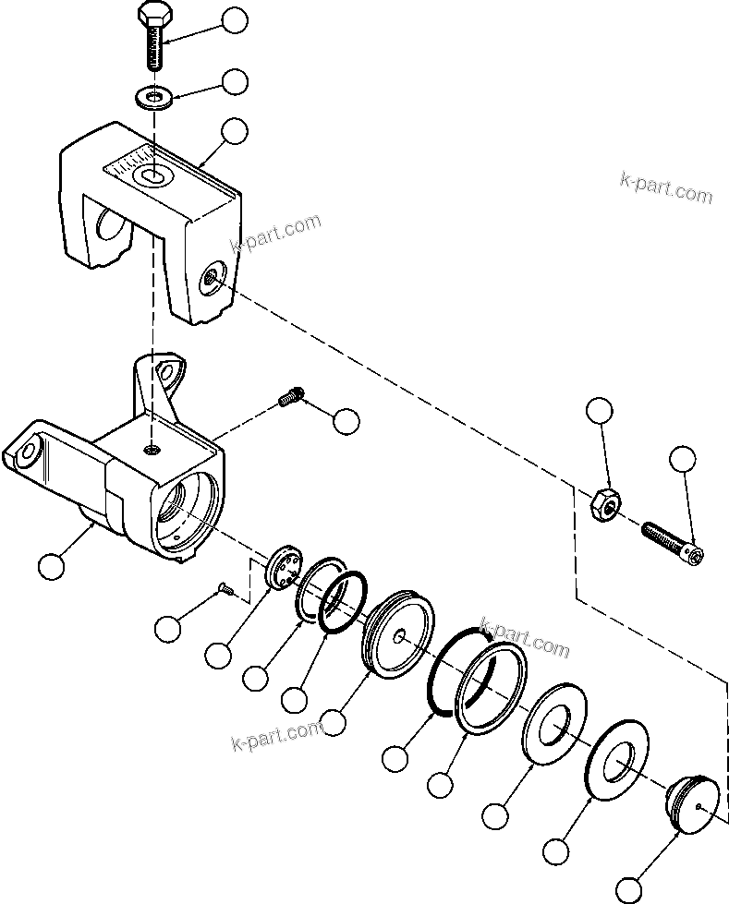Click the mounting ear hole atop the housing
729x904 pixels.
pos(168,371)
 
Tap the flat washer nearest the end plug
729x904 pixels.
pos(619,761)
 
